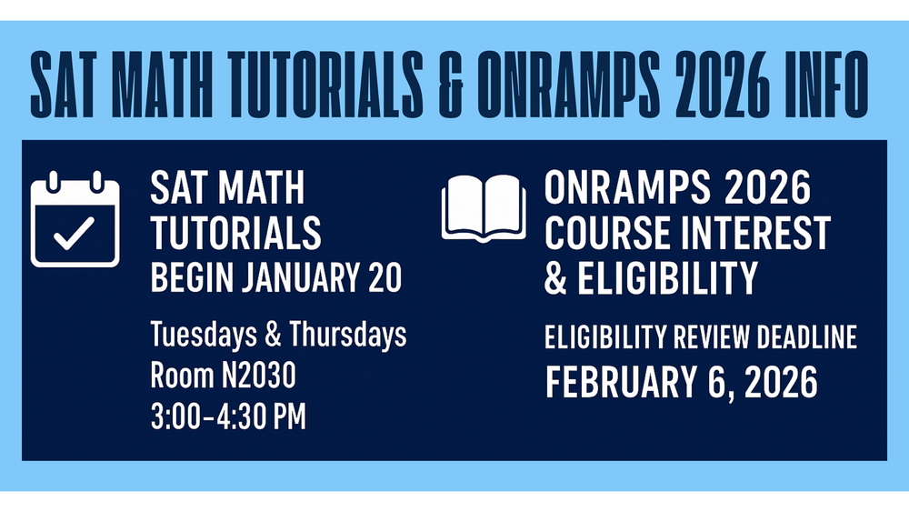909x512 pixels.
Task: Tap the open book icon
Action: click(x=484, y=208)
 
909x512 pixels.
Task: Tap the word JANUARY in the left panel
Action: click(x=303, y=279)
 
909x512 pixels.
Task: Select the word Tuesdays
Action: click(x=201, y=336)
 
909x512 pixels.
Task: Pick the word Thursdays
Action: click(x=347, y=336)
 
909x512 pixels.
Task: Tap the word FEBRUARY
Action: click(x=624, y=383)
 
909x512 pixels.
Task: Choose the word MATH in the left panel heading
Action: click(x=260, y=189)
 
